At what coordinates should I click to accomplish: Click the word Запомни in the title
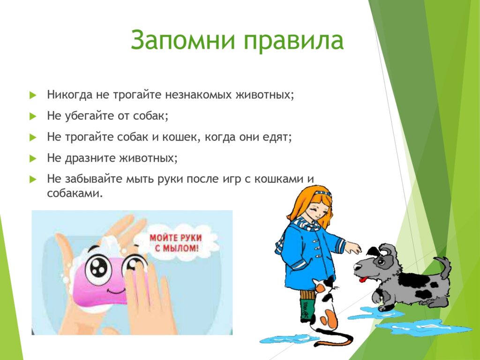[x=182, y=40]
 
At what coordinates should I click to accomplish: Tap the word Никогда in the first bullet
[x=69, y=95]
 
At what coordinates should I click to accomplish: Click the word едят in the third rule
[x=274, y=137]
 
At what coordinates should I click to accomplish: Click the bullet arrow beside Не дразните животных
[x=33, y=158]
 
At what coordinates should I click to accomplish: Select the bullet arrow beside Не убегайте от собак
[x=33, y=116]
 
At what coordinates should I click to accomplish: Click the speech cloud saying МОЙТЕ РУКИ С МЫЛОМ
[x=176, y=243]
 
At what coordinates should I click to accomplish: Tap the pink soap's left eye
[x=98, y=268]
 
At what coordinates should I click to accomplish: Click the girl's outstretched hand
[x=354, y=247]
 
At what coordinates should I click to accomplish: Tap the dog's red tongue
[x=363, y=279]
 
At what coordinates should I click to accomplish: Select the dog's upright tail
[x=444, y=267]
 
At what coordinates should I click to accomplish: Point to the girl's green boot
[x=307, y=310]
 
